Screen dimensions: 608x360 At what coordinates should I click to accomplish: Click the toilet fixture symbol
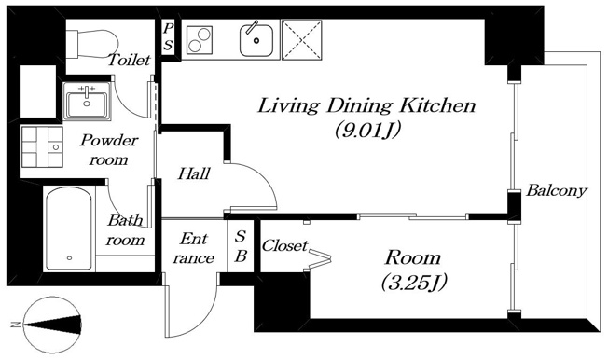tap(92, 45)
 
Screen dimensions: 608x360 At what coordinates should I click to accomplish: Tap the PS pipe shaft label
tap(168, 37)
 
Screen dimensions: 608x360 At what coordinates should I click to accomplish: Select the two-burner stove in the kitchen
tap(200, 39)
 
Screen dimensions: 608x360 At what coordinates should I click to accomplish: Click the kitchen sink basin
tap(256, 40)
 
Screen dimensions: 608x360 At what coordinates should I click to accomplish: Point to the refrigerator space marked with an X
tap(302, 40)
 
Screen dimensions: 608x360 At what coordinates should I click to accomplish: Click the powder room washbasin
tap(87, 102)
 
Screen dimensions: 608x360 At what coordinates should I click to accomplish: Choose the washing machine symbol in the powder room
tap(42, 147)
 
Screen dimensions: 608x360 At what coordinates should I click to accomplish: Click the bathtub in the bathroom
tap(69, 228)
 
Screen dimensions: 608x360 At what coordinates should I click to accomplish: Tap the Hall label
tap(194, 173)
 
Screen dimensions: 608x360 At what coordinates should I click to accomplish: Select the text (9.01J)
tap(367, 130)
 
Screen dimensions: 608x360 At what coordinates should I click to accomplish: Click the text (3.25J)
tap(414, 282)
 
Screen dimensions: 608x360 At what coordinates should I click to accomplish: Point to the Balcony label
tap(556, 191)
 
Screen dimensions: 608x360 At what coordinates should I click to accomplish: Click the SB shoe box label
tap(241, 246)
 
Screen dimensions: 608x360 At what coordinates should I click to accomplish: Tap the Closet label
tap(285, 245)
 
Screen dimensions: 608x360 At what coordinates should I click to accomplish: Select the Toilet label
tap(129, 60)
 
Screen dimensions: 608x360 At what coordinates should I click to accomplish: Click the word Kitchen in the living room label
tap(438, 105)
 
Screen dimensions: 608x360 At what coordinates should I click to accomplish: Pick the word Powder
tap(109, 140)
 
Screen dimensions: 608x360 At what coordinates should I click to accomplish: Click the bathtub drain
tap(69, 258)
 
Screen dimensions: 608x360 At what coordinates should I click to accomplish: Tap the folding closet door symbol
tap(320, 257)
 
